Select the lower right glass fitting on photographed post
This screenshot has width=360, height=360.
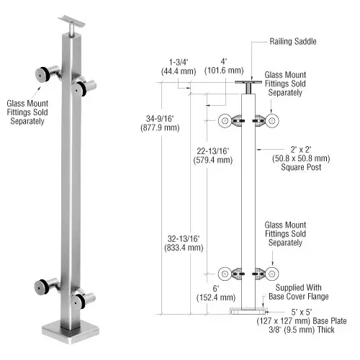[x=82, y=297]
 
